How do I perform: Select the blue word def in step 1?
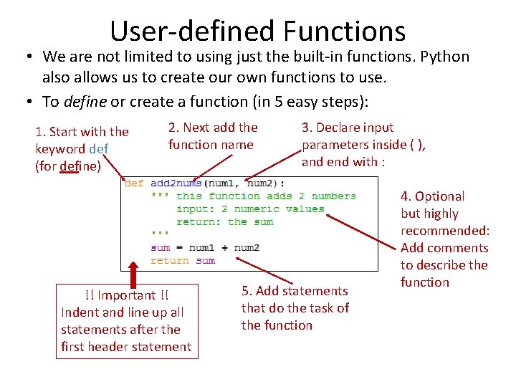(x=99, y=149)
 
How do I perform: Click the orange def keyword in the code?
(x=133, y=183)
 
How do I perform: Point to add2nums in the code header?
(x=176, y=183)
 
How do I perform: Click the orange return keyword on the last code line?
(x=169, y=261)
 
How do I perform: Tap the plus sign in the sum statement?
(x=224, y=248)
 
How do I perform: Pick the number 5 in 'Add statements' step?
(x=246, y=291)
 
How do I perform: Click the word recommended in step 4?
(x=444, y=231)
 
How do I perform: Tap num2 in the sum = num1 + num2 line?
(x=247, y=248)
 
